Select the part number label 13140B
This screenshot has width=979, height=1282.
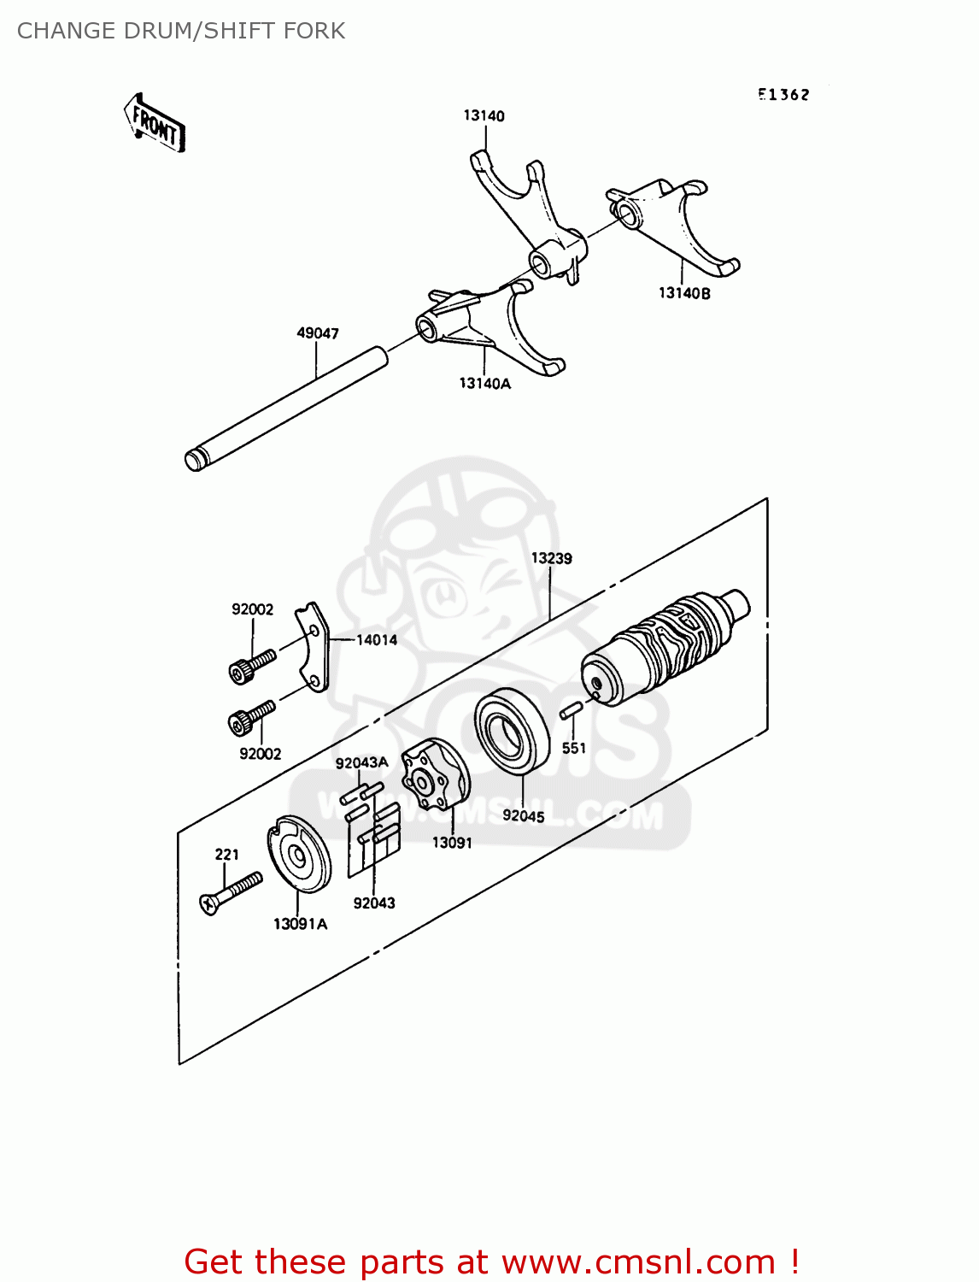(x=683, y=293)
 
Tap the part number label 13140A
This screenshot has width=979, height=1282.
(x=484, y=384)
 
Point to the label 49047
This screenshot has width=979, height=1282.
(x=318, y=333)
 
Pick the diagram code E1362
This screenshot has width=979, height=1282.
(x=783, y=95)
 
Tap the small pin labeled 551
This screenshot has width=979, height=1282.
(x=571, y=710)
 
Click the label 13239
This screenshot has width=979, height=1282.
(x=551, y=558)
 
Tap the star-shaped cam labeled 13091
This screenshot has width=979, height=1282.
(x=437, y=774)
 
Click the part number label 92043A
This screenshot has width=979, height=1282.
(x=361, y=763)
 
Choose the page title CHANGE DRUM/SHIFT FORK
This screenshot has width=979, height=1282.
(x=181, y=31)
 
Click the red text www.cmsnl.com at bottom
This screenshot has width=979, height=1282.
(x=638, y=1261)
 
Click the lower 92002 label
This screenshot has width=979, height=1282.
(x=260, y=754)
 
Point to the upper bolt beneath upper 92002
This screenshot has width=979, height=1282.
(x=253, y=666)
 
